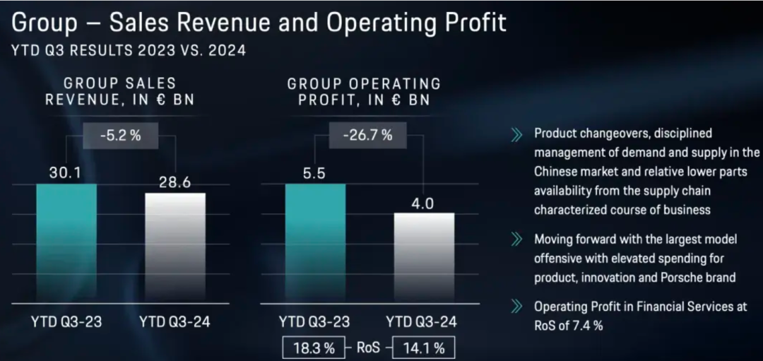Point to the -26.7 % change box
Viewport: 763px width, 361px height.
coord(368,136)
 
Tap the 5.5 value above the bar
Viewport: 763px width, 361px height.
coord(315,173)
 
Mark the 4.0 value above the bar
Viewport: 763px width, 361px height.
coord(424,203)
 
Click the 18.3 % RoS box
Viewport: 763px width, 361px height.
coord(313,348)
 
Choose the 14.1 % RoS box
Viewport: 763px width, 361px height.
coord(423,348)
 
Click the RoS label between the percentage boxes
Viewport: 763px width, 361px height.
coord(368,348)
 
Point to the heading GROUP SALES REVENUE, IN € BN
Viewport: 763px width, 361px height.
coord(120,92)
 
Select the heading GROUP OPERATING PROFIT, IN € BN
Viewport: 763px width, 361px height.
coord(363,92)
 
